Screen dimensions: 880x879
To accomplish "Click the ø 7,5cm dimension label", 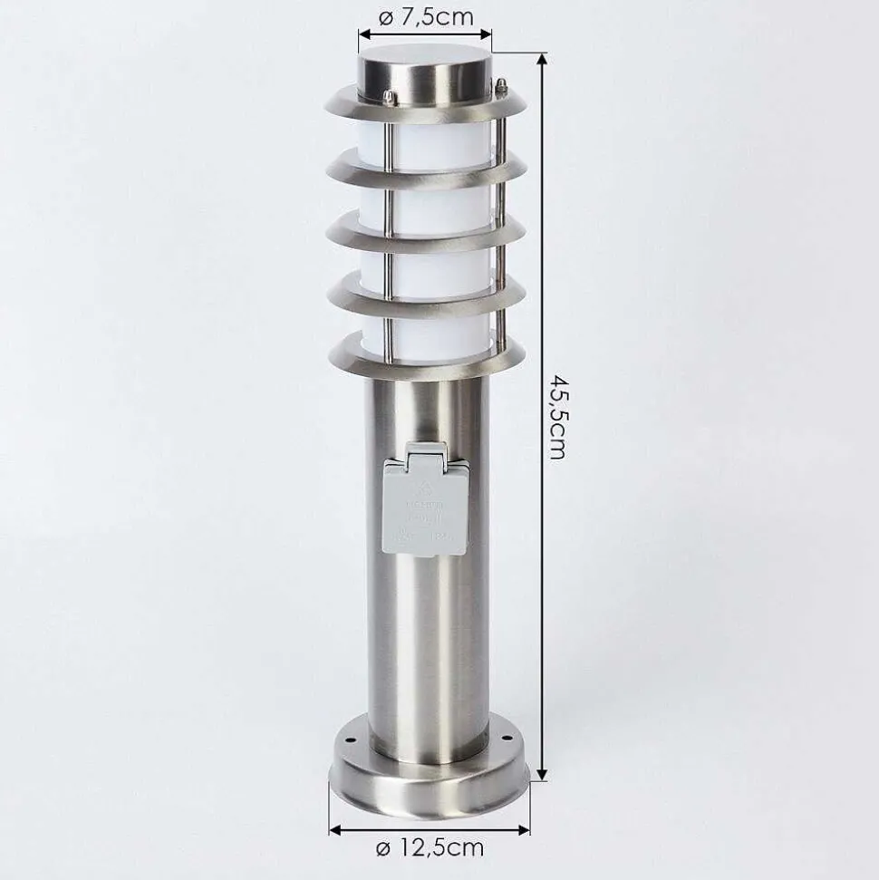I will point(425,15).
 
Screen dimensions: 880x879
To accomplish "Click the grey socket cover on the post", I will point(424,501).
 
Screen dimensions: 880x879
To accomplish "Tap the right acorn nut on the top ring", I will point(497,88).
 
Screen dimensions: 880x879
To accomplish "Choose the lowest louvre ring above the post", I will point(426,361).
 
